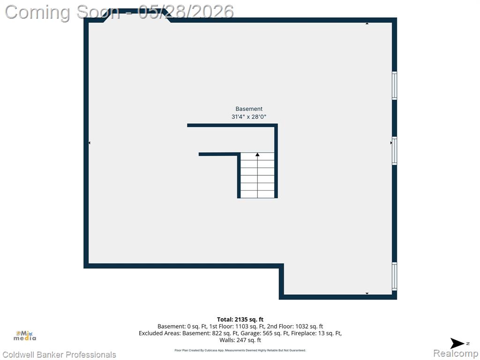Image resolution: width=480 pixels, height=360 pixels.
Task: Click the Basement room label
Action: point(249,109)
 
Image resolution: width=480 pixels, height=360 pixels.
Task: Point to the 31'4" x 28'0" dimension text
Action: point(249,117)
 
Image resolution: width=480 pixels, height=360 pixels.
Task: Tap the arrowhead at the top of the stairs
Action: point(257,155)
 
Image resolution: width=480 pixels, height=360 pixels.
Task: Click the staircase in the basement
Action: point(257,175)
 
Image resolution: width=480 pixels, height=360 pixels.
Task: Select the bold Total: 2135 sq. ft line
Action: point(240,320)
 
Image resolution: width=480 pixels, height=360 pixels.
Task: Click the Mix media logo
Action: point(25,336)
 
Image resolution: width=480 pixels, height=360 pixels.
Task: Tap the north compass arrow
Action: point(457,344)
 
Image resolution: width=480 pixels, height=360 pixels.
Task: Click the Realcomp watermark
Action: point(456,353)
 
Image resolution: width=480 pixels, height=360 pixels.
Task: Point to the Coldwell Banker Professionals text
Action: point(59,354)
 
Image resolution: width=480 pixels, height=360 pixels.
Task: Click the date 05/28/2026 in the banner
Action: point(186,12)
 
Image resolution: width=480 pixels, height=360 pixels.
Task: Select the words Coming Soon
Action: point(62,12)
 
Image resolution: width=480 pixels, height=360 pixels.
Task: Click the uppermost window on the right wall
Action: point(395,85)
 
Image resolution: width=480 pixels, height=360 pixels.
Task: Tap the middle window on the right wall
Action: point(395,151)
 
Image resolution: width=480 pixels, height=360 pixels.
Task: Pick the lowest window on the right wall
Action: point(395,276)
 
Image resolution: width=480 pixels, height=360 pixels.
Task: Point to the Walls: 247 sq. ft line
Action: point(240,340)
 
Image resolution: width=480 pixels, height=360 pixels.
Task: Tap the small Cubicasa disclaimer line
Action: point(240,350)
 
